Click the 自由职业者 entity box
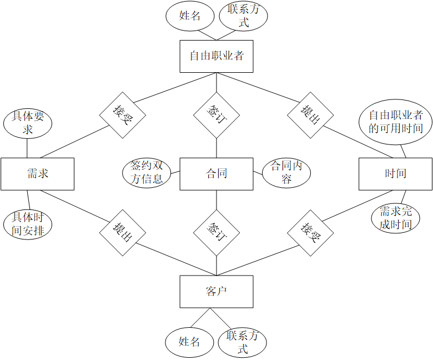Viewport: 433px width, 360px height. click(x=216, y=56)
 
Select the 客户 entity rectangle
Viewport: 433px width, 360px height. click(x=216, y=292)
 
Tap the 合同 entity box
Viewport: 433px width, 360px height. click(x=216, y=173)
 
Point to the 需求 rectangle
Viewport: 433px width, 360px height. click(x=37, y=173)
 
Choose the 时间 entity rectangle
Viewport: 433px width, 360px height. click(x=395, y=173)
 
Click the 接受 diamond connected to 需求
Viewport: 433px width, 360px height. click(x=122, y=115)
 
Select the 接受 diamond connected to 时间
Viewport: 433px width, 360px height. click(x=311, y=232)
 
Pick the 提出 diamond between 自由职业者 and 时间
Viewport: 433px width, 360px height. click(x=311, y=115)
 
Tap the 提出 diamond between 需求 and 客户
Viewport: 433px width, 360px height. click(x=122, y=232)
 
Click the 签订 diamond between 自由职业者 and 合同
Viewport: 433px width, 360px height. click(x=216, y=115)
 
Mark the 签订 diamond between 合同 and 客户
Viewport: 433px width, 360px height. click(x=216, y=232)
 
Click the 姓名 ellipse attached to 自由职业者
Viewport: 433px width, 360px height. click(x=190, y=16)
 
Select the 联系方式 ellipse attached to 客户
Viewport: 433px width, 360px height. click(x=243, y=342)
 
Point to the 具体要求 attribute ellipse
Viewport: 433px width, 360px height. click(x=27, y=123)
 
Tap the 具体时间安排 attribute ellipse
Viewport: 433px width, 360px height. click(x=27, y=224)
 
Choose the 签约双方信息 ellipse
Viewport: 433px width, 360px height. click(x=147, y=172)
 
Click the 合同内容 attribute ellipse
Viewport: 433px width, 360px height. click(x=286, y=172)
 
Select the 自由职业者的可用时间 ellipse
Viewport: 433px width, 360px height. click(x=396, y=122)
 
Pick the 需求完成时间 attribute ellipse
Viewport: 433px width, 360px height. click(x=396, y=218)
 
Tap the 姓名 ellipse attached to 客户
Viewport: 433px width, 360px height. click(x=189, y=342)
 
